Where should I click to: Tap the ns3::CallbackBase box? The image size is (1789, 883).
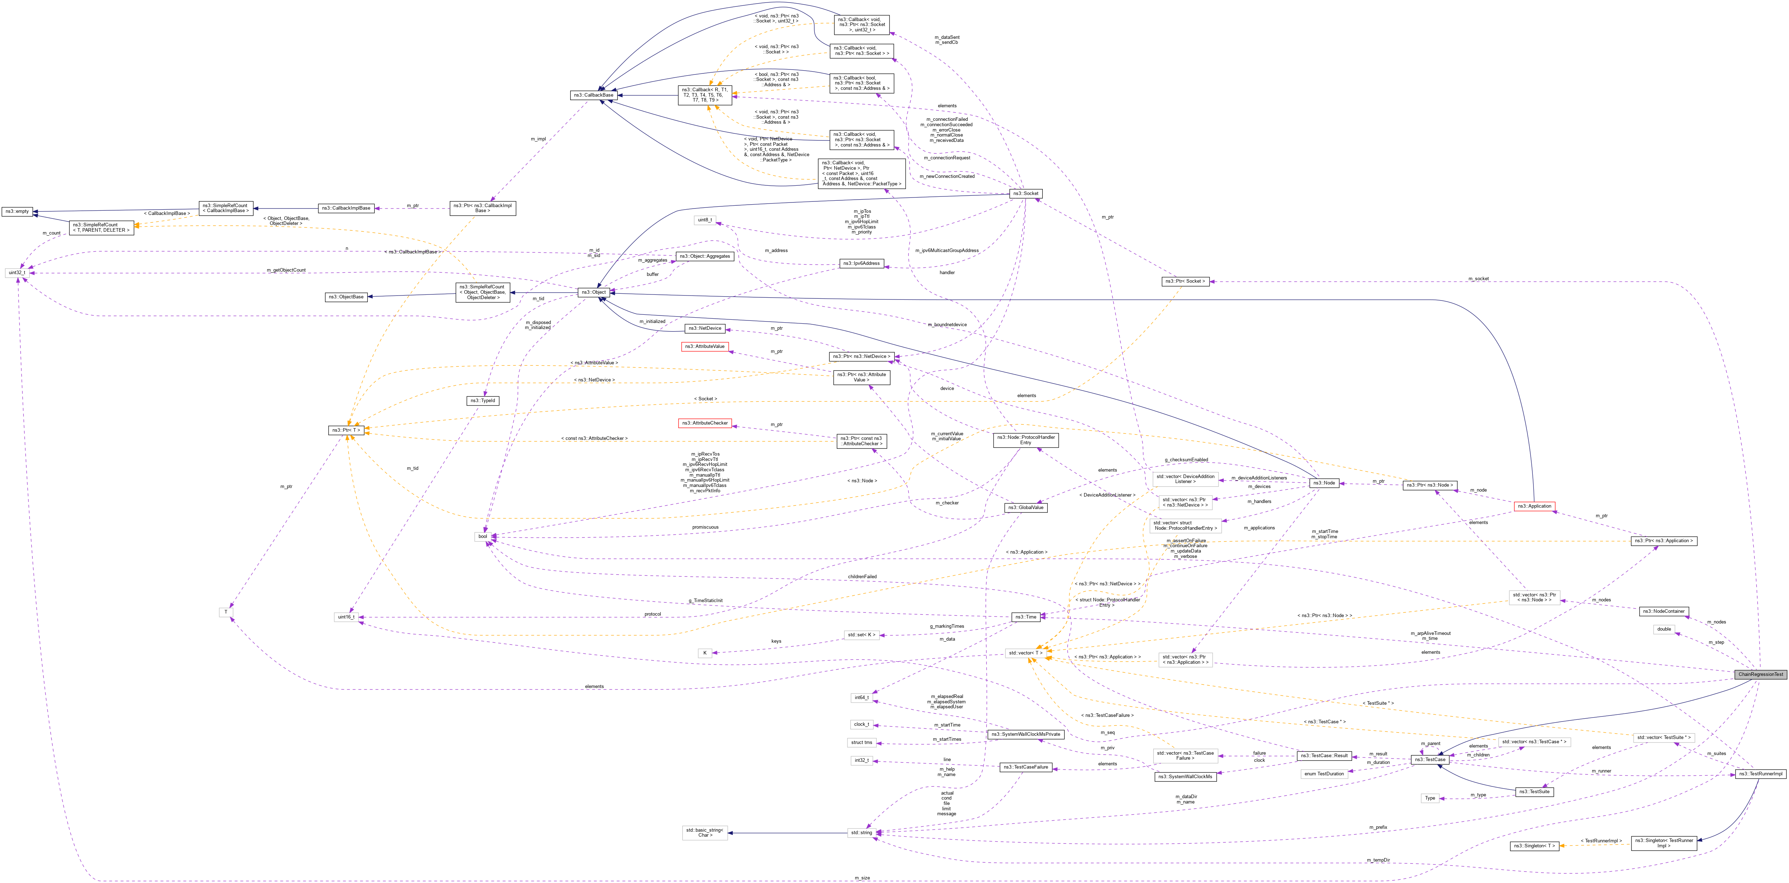(x=593, y=95)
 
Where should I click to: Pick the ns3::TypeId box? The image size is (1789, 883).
(x=483, y=401)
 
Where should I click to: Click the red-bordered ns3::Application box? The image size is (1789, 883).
(x=1534, y=506)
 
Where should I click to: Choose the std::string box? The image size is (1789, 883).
(x=861, y=832)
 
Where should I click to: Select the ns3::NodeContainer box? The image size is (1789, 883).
(x=1663, y=611)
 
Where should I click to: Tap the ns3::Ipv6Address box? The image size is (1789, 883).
(x=861, y=263)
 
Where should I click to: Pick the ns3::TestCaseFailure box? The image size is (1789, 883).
(x=1025, y=767)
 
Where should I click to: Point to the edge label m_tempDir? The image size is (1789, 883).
(x=1378, y=860)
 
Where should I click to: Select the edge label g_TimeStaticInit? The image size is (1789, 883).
(x=705, y=600)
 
